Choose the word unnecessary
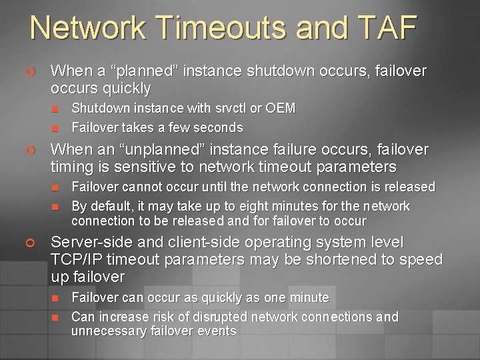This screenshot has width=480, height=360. tap(108, 331)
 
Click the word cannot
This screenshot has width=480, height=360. tap(139, 187)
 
